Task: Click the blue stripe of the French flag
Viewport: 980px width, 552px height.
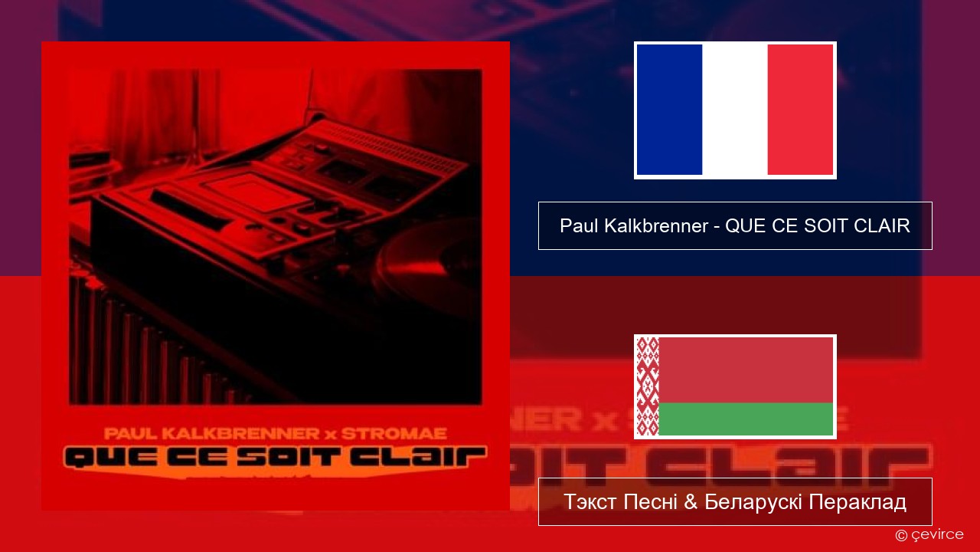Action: [669, 110]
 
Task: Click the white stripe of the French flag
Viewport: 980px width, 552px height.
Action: [735, 110]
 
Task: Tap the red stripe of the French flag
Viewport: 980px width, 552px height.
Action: [801, 110]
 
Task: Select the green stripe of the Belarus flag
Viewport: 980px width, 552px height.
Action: [746, 419]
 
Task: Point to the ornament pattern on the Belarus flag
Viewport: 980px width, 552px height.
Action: [648, 386]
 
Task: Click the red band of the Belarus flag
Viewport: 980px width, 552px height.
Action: [746, 370]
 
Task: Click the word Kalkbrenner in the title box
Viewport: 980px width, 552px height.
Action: [656, 225]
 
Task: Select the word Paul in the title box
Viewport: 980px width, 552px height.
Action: [580, 225]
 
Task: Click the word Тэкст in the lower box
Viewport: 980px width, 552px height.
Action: [591, 502]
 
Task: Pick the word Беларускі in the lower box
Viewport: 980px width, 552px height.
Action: [753, 502]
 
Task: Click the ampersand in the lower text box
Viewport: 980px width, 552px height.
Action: [691, 502]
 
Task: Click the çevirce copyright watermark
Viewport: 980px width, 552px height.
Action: [929, 534]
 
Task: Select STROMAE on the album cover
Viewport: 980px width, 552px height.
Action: [394, 434]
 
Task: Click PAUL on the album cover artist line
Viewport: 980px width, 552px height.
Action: [130, 434]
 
